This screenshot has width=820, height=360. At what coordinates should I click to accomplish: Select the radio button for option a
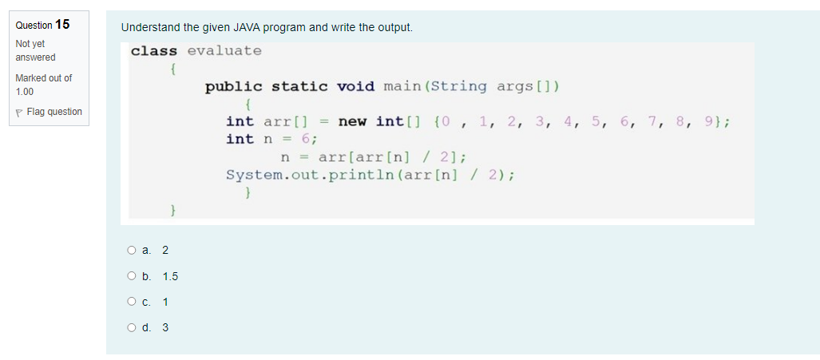pyautogui.click(x=131, y=250)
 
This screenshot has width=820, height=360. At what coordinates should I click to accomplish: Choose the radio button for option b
pyautogui.click(x=131, y=276)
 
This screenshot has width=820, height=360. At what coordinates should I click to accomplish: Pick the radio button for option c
pyautogui.click(x=131, y=302)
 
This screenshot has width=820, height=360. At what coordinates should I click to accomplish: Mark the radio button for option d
pyautogui.click(x=131, y=327)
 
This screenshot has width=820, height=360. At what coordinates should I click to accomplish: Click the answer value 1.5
pyautogui.click(x=170, y=276)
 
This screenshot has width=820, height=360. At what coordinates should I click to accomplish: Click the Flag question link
pyautogui.click(x=54, y=112)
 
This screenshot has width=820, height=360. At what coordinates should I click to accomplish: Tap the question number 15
pyautogui.click(x=61, y=24)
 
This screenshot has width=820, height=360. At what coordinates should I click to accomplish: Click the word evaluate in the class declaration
pyautogui.click(x=224, y=51)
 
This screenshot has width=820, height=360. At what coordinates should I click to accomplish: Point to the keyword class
pyautogui.click(x=154, y=51)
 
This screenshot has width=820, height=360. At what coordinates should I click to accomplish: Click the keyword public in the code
pyautogui.click(x=233, y=86)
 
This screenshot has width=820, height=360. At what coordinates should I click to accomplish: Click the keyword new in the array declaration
pyautogui.click(x=352, y=121)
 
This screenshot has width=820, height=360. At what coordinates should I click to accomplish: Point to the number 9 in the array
pyautogui.click(x=711, y=121)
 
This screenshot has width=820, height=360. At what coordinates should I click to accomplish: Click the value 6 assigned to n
pyautogui.click(x=306, y=139)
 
